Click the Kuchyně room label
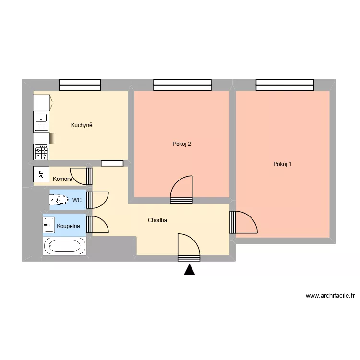click(x=81, y=125)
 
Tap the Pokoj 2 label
click(x=182, y=144)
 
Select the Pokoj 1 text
click(x=282, y=164)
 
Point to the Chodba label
click(x=157, y=221)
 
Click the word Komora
click(x=63, y=179)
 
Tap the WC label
click(x=76, y=200)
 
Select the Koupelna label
click(x=68, y=225)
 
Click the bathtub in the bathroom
click(x=65, y=246)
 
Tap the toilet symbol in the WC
click(x=59, y=199)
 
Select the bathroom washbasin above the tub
click(x=48, y=224)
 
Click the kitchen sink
click(x=41, y=121)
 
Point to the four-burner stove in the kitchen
click(x=41, y=152)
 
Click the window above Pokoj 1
click(x=285, y=85)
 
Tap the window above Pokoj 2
click(x=182, y=85)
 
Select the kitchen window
click(x=80, y=85)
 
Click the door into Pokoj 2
click(x=182, y=190)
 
